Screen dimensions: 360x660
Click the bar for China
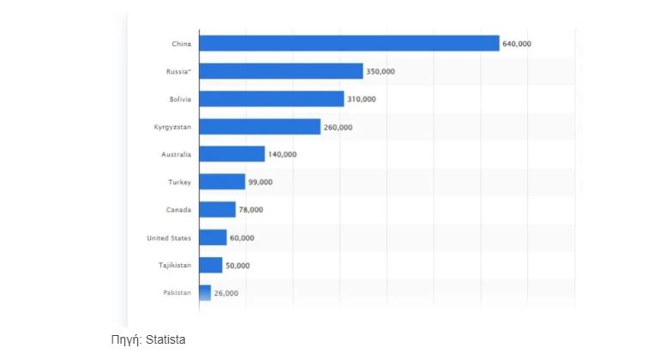[349, 43]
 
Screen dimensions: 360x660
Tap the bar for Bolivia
[271, 99]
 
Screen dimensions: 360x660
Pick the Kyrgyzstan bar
[259, 127]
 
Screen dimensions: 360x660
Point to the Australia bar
[231, 154]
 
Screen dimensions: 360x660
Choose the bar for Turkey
[222, 182]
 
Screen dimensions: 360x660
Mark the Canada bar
[217, 209]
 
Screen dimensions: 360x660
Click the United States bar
[213, 237]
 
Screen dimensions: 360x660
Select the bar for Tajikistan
[210, 265]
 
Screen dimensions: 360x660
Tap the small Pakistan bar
[204, 293]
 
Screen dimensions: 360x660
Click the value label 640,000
[518, 43]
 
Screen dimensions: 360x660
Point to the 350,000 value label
[381, 71]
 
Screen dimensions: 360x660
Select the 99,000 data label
[261, 182]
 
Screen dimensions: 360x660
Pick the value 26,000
[226, 293]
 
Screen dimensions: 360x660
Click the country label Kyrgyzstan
[172, 127]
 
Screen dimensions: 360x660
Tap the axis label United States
[169, 237]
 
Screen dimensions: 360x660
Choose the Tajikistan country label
[174, 265]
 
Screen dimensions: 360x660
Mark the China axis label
[182, 43]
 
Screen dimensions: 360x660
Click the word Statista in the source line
[165, 340]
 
